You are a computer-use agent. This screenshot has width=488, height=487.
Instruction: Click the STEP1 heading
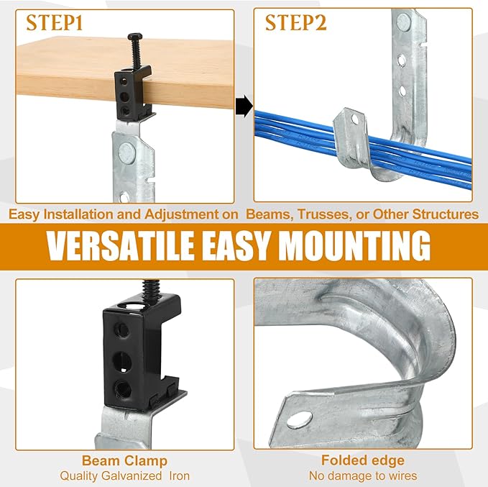(x=55, y=23)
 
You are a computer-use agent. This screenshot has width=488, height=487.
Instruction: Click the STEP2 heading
(x=295, y=23)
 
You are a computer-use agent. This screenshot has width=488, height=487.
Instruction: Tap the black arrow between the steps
(x=244, y=106)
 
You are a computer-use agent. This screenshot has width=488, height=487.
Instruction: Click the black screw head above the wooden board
(x=135, y=37)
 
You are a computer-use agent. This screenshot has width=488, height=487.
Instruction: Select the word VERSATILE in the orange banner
(x=121, y=246)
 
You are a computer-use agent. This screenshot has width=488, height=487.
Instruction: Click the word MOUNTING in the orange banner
(x=355, y=246)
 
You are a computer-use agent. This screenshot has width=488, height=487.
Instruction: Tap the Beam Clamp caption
(x=124, y=460)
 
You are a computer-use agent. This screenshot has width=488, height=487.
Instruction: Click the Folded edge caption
(x=363, y=460)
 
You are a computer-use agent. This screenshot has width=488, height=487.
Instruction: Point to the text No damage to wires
(x=363, y=475)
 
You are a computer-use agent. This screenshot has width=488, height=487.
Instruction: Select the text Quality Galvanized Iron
(x=124, y=475)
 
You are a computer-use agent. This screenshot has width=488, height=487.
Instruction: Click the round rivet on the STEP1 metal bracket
(x=126, y=152)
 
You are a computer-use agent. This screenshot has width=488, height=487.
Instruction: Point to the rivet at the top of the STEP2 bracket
(x=404, y=22)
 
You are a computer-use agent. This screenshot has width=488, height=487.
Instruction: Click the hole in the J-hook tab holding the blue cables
(x=354, y=119)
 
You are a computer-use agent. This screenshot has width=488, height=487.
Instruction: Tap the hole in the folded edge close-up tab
(x=299, y=419)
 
